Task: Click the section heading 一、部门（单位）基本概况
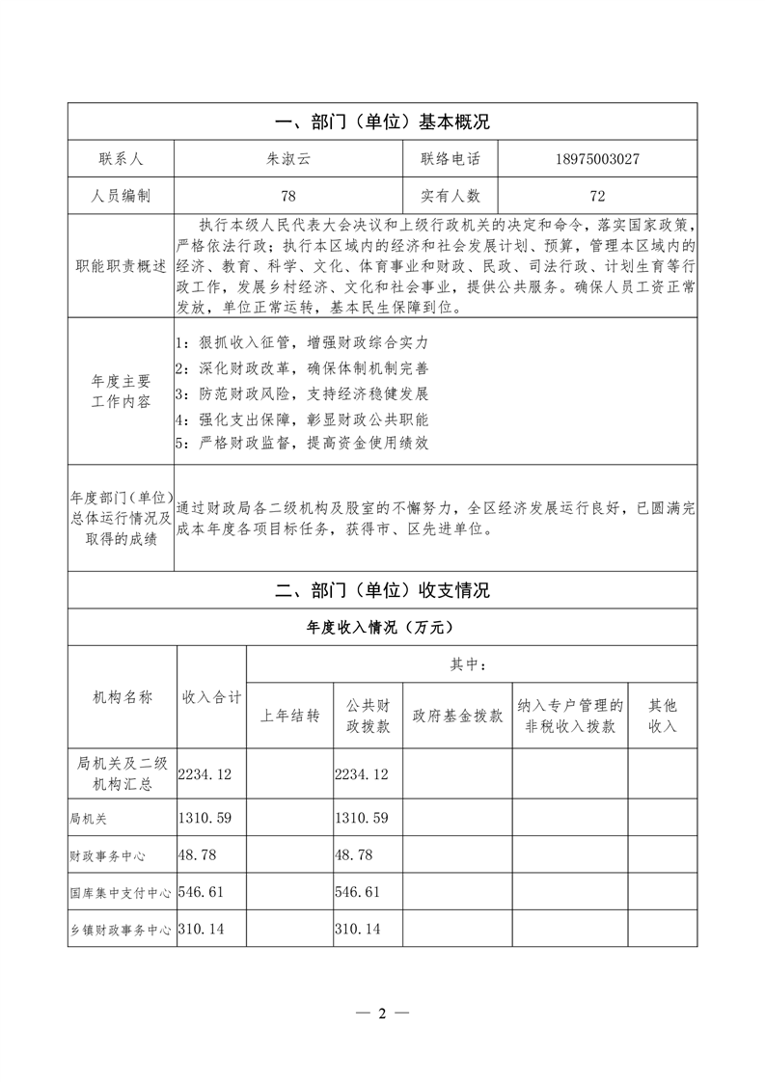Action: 383,122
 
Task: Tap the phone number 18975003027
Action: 597,159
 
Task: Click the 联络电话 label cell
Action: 451,159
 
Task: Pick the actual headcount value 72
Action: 597,196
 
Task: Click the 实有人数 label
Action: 451,196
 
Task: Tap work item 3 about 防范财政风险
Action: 302,393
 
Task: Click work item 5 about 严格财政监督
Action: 302,444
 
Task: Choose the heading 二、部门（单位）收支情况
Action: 383,590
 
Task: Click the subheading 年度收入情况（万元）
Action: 383,627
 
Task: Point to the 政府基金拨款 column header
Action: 457,717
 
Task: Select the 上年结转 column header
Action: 289,717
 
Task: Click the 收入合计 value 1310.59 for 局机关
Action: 209,818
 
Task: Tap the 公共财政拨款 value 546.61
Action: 362,892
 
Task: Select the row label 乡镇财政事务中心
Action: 120,930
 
